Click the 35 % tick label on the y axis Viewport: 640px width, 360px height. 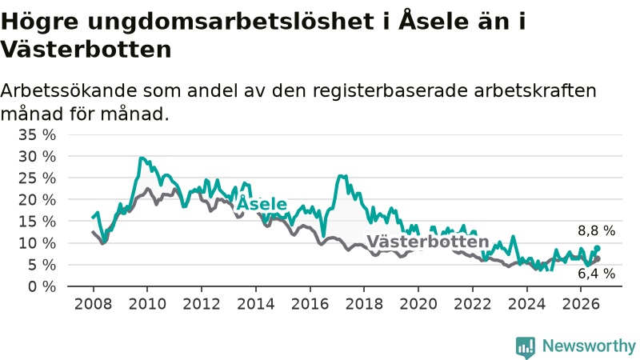coord(37,134)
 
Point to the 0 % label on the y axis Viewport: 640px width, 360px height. coord(42,286)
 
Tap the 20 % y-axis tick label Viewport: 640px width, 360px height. coord(37,200)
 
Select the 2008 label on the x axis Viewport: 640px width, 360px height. coord(93,304)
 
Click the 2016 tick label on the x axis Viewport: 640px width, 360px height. coord(310,304)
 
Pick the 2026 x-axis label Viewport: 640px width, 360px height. coord(581,304)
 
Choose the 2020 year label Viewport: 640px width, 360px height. coord(418,304)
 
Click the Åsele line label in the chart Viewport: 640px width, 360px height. coord(262,203)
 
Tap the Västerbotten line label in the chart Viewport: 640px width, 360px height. coord(428,242)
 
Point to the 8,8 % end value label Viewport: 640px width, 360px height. coord(596,231)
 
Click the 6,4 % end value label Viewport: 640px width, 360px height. coord(596,274)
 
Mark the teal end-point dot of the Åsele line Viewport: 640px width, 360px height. coord(597,248)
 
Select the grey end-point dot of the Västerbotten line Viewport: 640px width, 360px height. coord(597,258)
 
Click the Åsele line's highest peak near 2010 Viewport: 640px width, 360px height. coord(141,158)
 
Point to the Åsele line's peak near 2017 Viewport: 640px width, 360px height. coord(340,176)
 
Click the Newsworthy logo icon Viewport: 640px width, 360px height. coord(526,347)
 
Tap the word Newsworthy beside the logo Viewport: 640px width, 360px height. coord(589,346)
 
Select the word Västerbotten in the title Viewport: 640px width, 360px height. coord(86,50)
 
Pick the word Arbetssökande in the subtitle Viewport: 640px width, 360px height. coord(68,90)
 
